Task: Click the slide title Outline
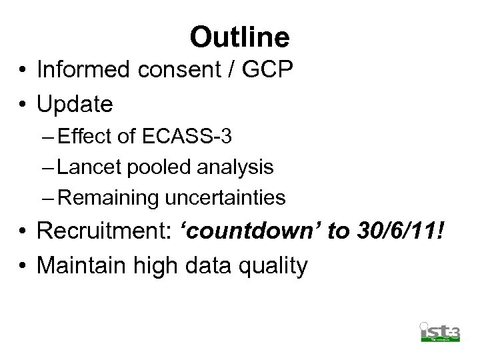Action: pyautogui.click(x=239, y=37)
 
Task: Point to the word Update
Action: pyautogui.click(x=75, y=104)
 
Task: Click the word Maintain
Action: pyautogui.click(x=81, y=265)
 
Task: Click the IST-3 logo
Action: pyautogui.click(x=439, y=331)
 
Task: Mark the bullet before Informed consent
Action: pyautogui.click(x=23, y=70)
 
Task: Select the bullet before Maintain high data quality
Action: pyautogui.click(x=23, y=266)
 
